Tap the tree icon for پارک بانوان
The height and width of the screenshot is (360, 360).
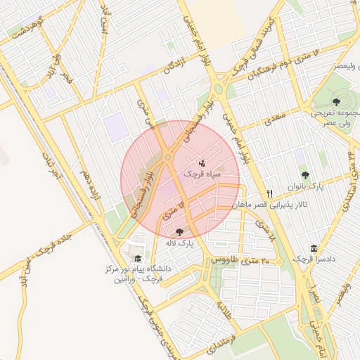click(x=304, y=175)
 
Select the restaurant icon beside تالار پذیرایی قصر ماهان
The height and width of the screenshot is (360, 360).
click(x=269, y=193)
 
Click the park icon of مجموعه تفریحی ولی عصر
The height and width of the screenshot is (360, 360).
click(x=336, y=99)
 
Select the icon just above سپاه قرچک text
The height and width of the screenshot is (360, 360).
click(x=202, y=162)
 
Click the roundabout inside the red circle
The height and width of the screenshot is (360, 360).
click(x=168, y=157)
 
